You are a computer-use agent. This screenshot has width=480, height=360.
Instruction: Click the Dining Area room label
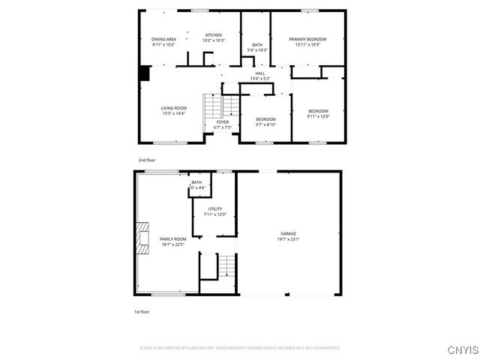[x=163, y=39]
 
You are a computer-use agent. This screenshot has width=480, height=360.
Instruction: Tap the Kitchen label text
[x=214, y=35]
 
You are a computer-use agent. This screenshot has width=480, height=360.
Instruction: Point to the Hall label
[x=260, y=73]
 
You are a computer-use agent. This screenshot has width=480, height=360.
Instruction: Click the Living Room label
[x=173, y=108]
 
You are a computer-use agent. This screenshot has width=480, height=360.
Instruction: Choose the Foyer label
[x=223, y=121]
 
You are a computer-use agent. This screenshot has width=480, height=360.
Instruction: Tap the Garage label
[x=289, y=234]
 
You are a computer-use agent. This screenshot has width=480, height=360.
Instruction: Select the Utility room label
[x=215, y=209]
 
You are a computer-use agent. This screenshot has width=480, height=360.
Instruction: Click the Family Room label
[x=172, y=238]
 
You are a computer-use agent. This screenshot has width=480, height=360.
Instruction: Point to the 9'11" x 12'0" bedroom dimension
[x=318, y=116]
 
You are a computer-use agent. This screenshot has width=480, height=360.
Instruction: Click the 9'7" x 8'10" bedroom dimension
[x=265, y=124]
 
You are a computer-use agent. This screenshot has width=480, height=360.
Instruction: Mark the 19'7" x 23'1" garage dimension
[x=289, y=239]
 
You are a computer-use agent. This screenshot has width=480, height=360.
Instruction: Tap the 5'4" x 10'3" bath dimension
[x=257, y=50]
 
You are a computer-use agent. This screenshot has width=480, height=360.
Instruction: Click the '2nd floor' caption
[x=146, y=160]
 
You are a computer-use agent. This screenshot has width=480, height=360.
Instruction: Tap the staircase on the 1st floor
[x=226, y=265]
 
